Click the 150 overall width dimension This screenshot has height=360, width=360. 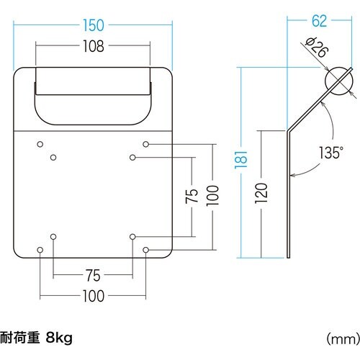(94, 26)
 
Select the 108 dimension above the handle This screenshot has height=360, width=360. (93, 47)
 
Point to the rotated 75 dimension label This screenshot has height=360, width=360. (192, 197)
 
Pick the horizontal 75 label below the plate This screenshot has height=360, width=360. (93, 274)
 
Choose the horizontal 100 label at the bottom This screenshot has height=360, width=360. (93, 296)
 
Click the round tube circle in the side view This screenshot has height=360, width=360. (336, 83)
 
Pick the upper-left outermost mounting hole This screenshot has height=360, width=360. (40, 144)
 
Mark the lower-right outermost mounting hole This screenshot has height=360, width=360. (145, 250)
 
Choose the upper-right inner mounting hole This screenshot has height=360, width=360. (132, 157)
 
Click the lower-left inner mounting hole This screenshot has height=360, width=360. (54, 236)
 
